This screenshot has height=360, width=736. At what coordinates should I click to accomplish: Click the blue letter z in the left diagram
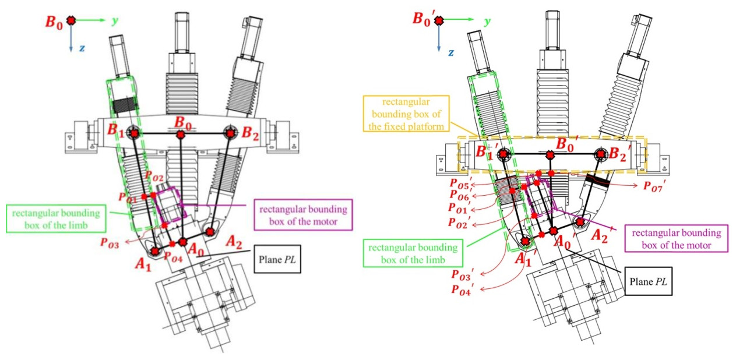[x=82, y=48]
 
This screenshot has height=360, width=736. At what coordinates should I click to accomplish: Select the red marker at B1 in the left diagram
[x=135, y=133]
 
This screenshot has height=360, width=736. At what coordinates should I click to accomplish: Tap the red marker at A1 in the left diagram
[x=155, y=251]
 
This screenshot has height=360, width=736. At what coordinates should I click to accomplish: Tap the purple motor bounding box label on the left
[x=304, y=215]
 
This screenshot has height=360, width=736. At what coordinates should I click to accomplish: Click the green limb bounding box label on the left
[x=58, y=216]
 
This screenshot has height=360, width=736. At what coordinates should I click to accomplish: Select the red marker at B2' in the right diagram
[x=602, y=154]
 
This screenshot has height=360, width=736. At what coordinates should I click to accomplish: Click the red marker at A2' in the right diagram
[x=580, y=221]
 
